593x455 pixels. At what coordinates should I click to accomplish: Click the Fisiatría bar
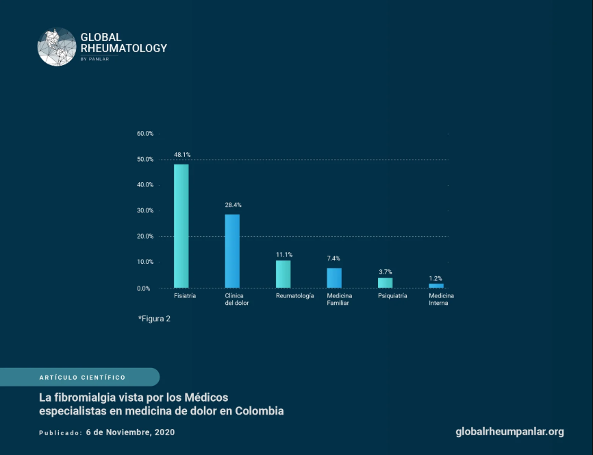point(181,226)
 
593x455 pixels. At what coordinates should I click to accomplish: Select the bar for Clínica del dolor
point(232,251)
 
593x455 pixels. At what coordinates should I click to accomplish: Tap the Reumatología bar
point(283,274)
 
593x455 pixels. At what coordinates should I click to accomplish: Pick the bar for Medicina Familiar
point(334,278)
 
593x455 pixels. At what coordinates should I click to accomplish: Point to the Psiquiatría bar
point(385,282)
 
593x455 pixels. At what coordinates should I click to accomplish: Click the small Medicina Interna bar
point(436,285)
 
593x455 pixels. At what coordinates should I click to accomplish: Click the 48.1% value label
point(181,155)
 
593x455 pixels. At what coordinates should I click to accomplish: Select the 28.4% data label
point(233,205)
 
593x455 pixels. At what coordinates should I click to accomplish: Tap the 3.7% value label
point(385,272)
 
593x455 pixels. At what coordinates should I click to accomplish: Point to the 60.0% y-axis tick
point(144,134)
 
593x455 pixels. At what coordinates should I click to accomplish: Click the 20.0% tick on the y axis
point(144,236)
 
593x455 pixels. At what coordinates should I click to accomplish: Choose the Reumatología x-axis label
point(295,296)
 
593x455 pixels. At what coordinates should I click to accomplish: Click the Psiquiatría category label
point(392,296)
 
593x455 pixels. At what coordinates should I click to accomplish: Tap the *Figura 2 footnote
point(154,319)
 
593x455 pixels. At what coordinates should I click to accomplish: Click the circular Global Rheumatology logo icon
point(57,47)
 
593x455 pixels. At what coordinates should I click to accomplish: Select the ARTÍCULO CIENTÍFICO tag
point(82,378)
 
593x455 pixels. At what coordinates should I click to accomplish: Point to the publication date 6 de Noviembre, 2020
point(130,432)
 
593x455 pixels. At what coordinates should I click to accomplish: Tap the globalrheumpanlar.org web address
point(509,432)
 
